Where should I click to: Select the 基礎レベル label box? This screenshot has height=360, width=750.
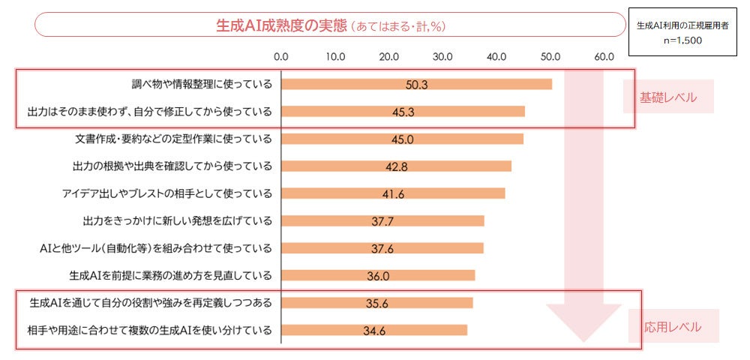(667, 98)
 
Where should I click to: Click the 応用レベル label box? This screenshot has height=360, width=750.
(673, 327)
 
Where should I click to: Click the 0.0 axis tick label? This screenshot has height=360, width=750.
(281, 56)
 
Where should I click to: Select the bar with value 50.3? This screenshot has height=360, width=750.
(416, 84)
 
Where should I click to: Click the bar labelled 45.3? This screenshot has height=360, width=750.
(403, 112)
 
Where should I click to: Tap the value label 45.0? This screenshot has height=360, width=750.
(402, 139)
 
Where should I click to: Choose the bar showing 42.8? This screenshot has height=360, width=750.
(396, 166)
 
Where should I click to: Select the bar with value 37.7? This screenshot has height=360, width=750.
(382, 220)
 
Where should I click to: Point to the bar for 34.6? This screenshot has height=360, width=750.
(374, 330)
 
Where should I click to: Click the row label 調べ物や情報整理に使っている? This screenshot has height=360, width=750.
(200, 84)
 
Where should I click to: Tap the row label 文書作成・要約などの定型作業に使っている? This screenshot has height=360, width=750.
(173, 139)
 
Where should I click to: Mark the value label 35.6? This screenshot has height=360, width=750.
(377, 303)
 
